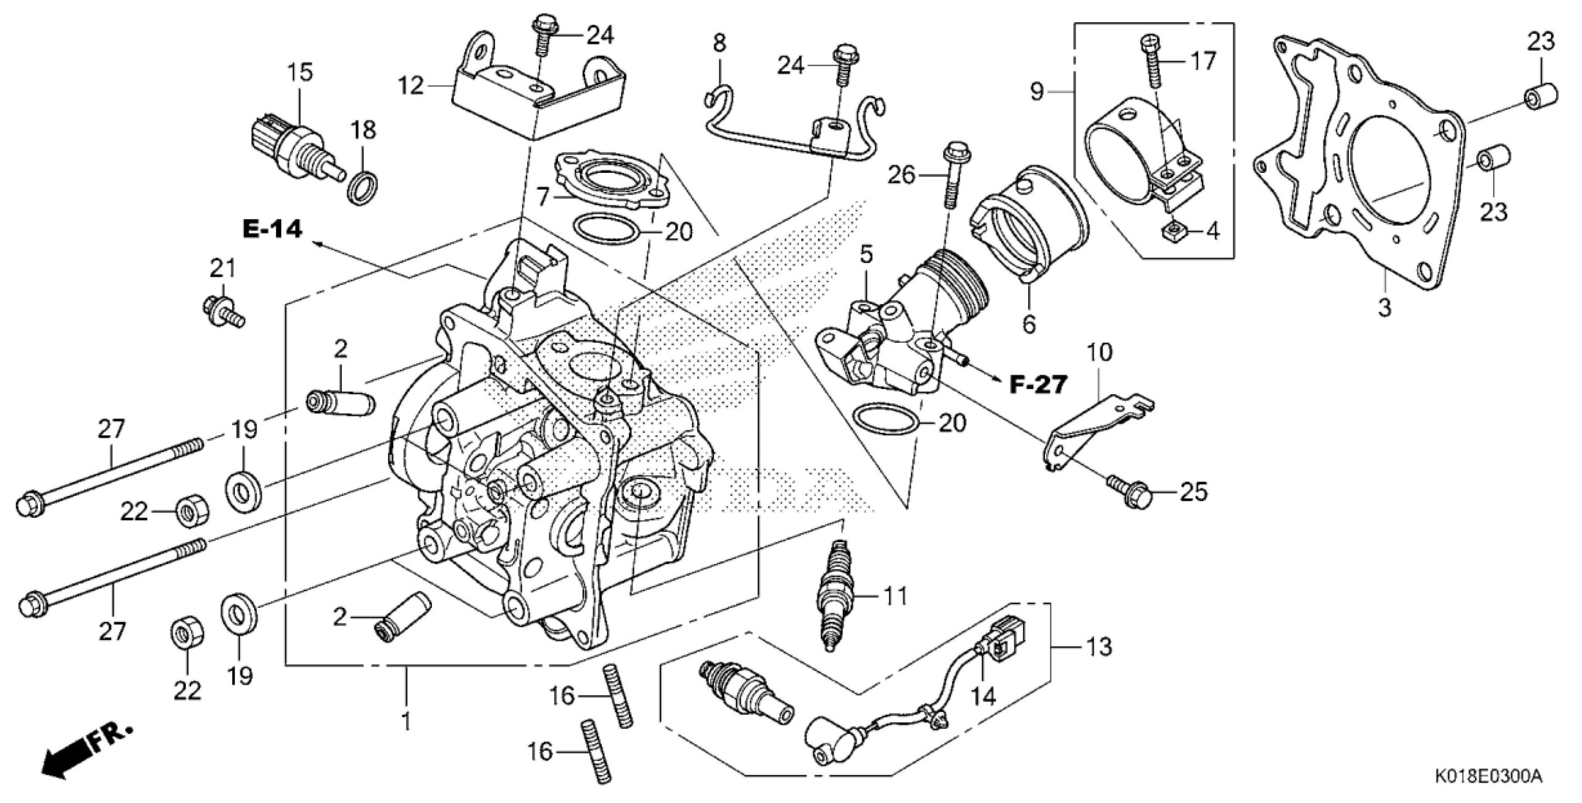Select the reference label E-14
coord(273,230)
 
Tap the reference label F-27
coord(1038,385)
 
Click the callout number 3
coord(1384,307)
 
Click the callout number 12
coord(411,85)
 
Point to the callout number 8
coord(719,43)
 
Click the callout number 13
coord(1099,647)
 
